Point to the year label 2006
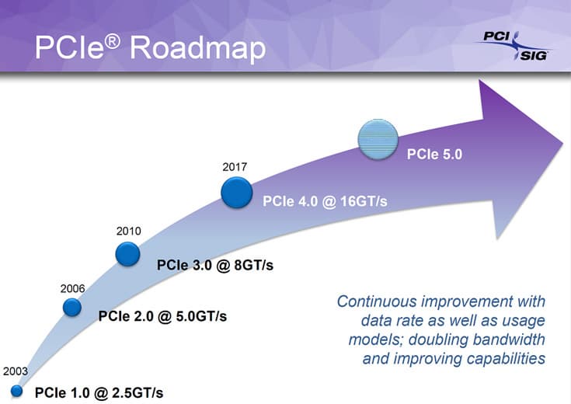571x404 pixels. pyautogui.click(x=72, y=288)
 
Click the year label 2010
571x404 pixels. pyautogui.click(x=128, y=231)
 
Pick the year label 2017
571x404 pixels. pyautogui.click(x=235, y=166)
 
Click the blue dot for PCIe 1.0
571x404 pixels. pyautogui.click(x=16, y=390)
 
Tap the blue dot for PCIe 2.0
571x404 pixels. pyautogui.click(x=72, y=308)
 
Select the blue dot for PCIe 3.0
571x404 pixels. pyautogui.click(x=127, y=253)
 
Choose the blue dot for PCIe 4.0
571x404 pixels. pyautogui.click(x=236, y=193)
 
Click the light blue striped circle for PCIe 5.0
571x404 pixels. pyautogui.click(x=378, y=141)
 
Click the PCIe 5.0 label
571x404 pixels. pyautogui.click(x=434, y=154)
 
